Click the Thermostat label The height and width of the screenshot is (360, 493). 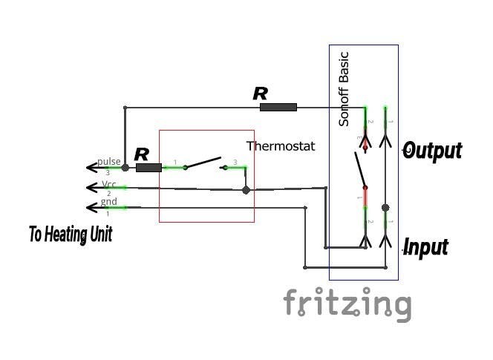tap(281, 146)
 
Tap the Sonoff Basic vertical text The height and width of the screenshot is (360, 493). tap(344, 88)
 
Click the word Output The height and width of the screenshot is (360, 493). tap(432, 151)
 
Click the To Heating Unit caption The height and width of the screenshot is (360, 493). tap(71, 235)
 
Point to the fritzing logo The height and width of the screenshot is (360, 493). tap(347, 304)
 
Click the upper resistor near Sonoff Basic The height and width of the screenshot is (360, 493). tap(278, 108)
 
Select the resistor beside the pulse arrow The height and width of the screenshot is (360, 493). tap(149, 168)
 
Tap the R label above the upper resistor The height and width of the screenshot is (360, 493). tap(260, 94)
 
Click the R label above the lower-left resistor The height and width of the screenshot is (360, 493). tap(142, 155)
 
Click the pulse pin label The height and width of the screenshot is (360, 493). tap(108, 162)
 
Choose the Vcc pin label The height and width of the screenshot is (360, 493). tap(109, 184)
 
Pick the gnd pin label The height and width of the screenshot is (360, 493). tap(108, 202)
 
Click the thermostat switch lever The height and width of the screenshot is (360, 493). tap(203, 163)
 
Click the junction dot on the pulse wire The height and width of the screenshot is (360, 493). tap(125, 168)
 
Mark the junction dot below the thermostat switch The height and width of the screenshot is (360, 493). tap(246, 190)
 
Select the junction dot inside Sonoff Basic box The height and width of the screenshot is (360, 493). tap(385, 208)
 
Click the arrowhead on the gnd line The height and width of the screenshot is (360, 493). tap(92, 207)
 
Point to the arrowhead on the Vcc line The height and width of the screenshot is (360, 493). tap(92, 187)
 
